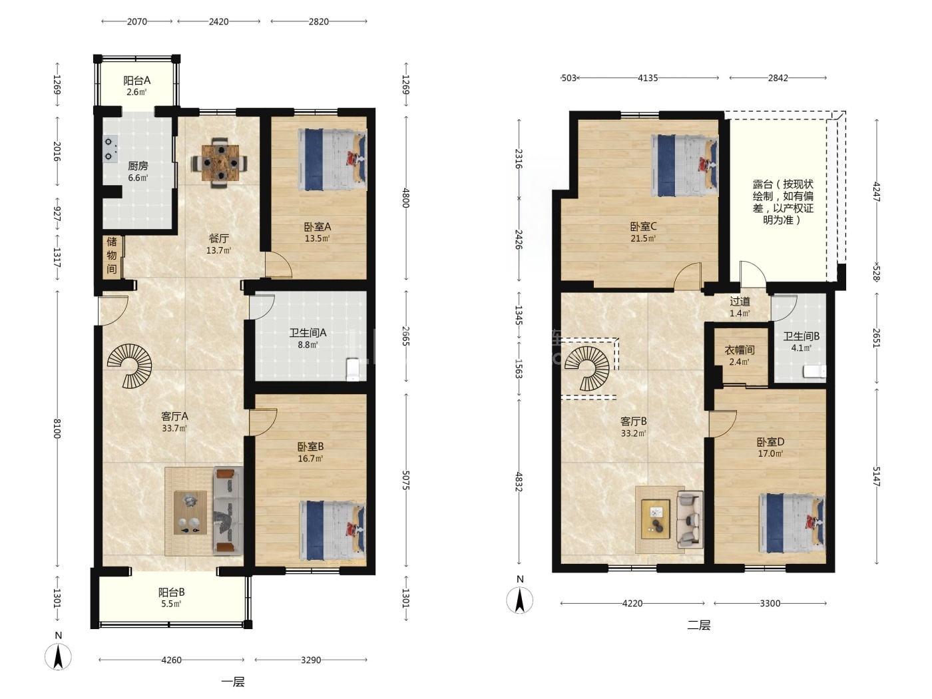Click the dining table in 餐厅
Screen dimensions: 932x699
220,162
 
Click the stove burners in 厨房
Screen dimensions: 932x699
111,149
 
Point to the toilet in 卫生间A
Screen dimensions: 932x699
352,369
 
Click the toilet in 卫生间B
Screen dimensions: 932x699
814,371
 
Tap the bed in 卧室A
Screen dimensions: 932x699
332,160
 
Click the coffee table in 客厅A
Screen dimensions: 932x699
190,513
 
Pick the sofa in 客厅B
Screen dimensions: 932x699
690,519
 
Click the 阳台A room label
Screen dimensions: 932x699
136,80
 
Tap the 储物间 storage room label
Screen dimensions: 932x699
112,255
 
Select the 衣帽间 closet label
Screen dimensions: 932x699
739,350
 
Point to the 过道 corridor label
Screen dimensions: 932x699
740,302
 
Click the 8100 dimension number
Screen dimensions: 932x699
57,429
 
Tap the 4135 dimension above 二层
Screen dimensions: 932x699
648,78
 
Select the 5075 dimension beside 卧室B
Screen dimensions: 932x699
406,480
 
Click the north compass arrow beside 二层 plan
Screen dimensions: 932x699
520,599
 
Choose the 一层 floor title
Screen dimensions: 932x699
233,682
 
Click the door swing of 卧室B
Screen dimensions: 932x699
263,422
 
